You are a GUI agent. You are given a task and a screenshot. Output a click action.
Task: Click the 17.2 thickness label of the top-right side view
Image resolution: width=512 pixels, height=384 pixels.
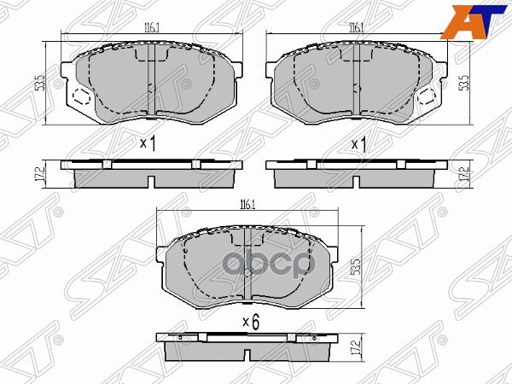465,175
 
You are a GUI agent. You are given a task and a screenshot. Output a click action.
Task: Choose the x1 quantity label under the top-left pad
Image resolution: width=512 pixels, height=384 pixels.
148,143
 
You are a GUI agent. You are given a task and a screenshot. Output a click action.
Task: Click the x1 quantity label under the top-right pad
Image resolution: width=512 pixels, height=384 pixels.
359,143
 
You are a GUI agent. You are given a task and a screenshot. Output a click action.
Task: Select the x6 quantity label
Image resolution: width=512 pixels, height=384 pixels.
250,322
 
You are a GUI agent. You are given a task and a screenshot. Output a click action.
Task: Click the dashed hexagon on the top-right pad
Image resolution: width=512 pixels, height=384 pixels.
426,96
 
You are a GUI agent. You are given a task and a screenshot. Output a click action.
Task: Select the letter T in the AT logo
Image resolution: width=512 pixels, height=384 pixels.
489,21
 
